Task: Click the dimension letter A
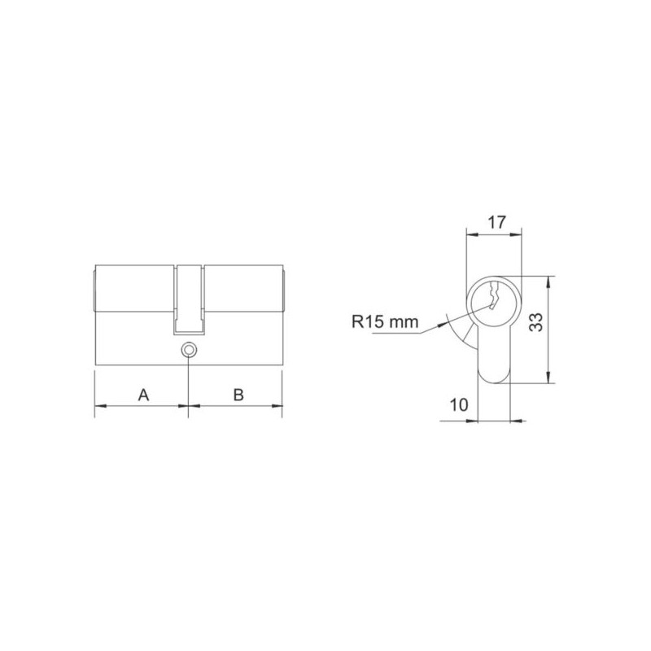143,395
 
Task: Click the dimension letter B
238,395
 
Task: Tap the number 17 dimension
496,222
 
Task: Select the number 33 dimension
536,322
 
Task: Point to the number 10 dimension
458,404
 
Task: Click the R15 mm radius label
385,321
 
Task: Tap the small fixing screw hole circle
189,350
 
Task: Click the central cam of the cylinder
189,299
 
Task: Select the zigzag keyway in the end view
494,295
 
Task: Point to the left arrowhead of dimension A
100,405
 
